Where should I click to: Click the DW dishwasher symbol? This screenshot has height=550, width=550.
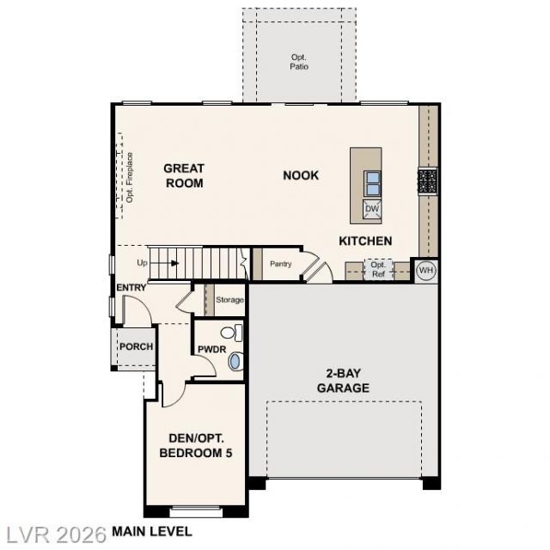point(372,209)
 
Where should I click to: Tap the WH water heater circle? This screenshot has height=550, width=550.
point(426,271)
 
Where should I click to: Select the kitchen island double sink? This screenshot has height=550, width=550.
point(372,183)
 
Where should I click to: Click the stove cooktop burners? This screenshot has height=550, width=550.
point(428,180)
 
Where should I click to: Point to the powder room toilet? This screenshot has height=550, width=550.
point(232,333)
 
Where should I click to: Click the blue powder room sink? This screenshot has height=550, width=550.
point(235,361)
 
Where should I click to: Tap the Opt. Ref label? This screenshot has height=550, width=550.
point(378,269)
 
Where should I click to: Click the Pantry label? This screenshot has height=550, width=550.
point(281,264)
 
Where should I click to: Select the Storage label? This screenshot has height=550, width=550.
point(229,300)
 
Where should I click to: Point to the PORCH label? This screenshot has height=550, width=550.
point(137,346)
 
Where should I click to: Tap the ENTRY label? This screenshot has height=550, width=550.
point(131,288)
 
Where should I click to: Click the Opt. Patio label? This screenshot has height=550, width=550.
point(299,62)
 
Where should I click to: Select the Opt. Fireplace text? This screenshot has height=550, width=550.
point(130,178)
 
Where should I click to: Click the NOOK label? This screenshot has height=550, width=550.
point(301,175)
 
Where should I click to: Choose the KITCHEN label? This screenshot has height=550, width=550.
point(365,241)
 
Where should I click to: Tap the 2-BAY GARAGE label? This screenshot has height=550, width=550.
point(343,381)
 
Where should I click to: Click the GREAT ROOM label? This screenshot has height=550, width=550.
point(184,175)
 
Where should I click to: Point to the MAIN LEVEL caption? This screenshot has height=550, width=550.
point(152,531)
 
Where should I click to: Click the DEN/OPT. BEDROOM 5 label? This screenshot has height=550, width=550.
point(196,445)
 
